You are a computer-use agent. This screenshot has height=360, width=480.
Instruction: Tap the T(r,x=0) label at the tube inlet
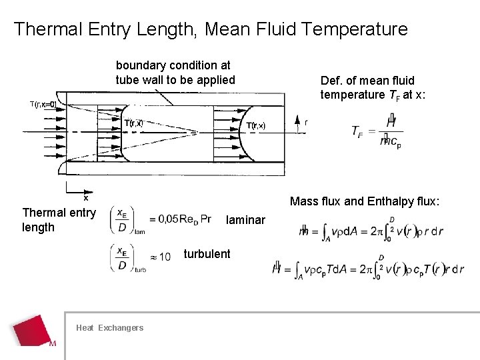pyautogui.click(x=43, y=104)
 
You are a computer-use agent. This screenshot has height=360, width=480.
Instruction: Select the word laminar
pyautogui.click(x=245, y=220)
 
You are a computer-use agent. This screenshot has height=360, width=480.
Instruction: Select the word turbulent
pyautogui.click(x=207, y=254)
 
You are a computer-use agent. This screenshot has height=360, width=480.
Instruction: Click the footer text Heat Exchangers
pyautogui.click(x=109, y=327)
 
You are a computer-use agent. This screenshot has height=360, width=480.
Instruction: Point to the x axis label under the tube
pyautogui.click(x=85, y=197)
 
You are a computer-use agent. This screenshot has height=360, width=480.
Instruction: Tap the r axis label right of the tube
pyautogui.click(x=306, y=123)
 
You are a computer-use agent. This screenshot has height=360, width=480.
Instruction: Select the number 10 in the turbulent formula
pyautogui.click(x=165, y=257)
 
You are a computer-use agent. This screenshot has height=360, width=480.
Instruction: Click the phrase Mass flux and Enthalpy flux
pyautogui.click(x=365, y=201)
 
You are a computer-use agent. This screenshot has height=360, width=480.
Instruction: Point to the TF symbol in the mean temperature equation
pyautogui.click(x=358, y=131)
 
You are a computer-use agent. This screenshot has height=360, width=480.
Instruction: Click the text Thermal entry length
pyautogui.click(x=59, y=220)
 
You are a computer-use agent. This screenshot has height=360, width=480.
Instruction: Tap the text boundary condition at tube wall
pyautogui.click(x=175, y=73)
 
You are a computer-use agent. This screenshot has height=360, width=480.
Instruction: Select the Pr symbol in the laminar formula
pyautogui.click(x=205, y=219)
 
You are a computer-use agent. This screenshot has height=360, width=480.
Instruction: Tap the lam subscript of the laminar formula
pyautogui.click(x=139, y=233)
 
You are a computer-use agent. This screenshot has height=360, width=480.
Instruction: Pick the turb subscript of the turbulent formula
pyautogui.click(x=140, y=269)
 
